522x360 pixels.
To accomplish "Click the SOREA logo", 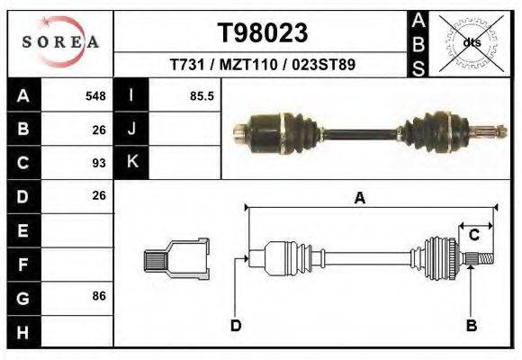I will [60, 42].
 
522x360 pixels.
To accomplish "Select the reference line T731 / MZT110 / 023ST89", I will [263, 66].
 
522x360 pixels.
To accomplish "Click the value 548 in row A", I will [95, 95].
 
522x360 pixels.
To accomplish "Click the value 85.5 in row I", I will [202, 95].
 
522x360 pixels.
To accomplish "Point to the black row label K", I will [131, 162].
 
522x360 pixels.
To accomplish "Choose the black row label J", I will [131, 129].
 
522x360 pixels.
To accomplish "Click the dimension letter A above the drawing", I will [360, 199].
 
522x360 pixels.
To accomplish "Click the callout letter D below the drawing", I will [236, 325].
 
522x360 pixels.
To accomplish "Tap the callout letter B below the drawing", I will [470, 325].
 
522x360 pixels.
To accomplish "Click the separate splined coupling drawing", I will [176, 258].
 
